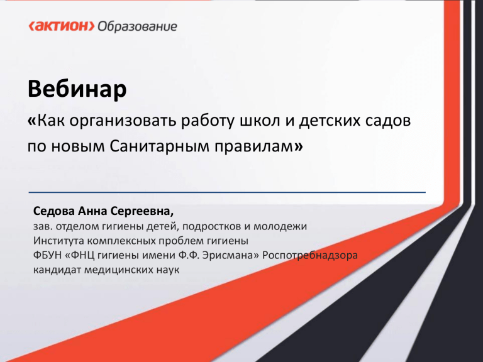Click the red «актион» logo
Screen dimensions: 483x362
point(62,26)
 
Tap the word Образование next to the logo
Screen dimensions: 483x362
point(137,26)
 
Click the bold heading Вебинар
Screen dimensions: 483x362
point(77,89)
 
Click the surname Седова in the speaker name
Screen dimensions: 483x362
point(54,211)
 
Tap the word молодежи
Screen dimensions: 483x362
point(280,227)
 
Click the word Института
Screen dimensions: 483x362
point(59,241)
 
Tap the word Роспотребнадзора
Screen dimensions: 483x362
point(310,256)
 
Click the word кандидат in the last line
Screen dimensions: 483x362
point(57,270)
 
